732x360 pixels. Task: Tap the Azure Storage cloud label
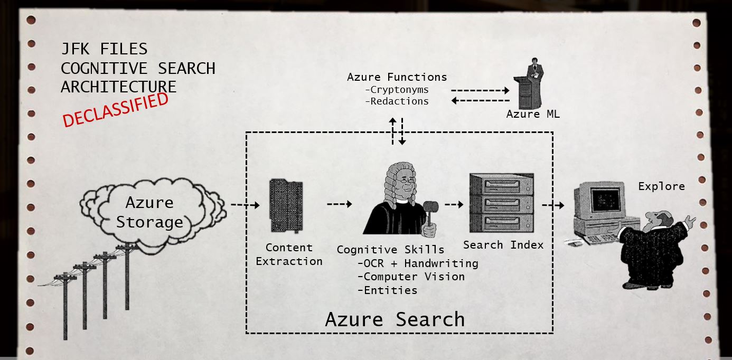149,212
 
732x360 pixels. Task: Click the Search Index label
503,245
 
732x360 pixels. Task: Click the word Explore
661,186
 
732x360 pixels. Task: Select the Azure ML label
533,114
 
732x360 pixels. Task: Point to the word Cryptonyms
397,90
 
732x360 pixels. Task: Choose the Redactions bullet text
397,101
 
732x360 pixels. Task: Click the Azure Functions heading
397,77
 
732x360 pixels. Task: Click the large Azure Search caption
395,319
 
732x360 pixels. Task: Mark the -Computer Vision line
411,277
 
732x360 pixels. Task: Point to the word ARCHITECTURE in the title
118,87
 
